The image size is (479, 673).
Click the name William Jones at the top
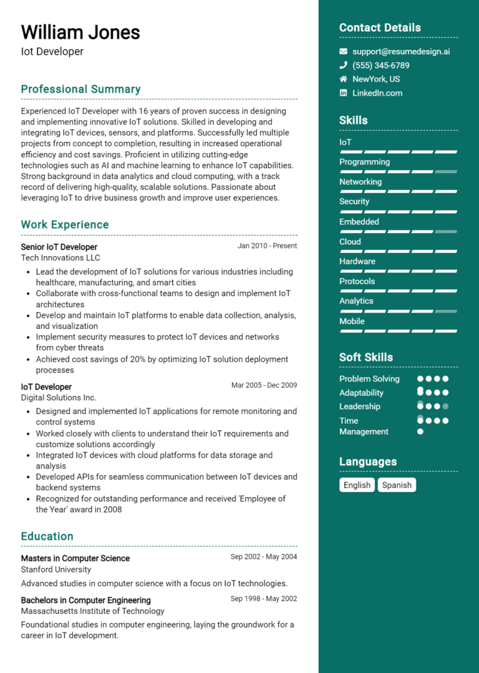[x=80, y=32]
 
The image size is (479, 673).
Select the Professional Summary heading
[x=80, y=89]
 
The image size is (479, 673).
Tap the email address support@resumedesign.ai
[x=400, y=51]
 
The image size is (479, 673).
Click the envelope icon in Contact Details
[x=343, y=51]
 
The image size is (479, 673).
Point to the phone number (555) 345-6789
[x=380, y=66]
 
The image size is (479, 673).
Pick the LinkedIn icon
[x=343, y=93]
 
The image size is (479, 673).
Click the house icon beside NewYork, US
[x=343, y=79]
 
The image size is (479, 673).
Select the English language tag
[x=357, y=485]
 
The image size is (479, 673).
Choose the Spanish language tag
[x=397, y=485]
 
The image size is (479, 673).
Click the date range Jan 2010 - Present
[x=267, y=246]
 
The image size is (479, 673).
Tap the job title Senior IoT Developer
[x=59, y=247]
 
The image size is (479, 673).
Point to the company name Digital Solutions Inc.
[x=59, y=398]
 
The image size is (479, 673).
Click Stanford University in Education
[x=56, y=569]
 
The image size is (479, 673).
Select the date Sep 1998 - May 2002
[x=263, y=599]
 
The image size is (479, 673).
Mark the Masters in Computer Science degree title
[x=75, y=558]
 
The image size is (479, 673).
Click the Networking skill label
[x=360, y=182]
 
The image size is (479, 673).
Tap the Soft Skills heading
[x=366, y=357]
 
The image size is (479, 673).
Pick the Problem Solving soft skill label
[x=369, y=379]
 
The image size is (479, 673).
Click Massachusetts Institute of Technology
[x=92, y=611]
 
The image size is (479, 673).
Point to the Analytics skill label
[x=356, y=301]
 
